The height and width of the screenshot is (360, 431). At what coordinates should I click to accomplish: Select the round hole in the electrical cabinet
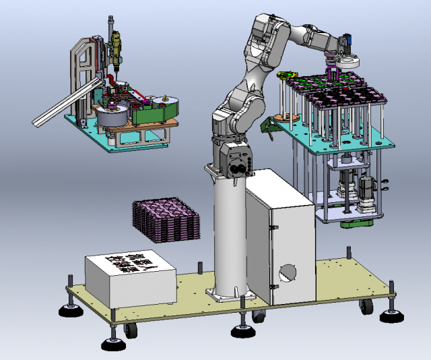(288, 271)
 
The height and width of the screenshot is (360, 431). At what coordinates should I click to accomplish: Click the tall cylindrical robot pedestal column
(230, 236)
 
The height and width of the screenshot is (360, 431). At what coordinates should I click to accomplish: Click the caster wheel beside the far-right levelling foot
(367, 307)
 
